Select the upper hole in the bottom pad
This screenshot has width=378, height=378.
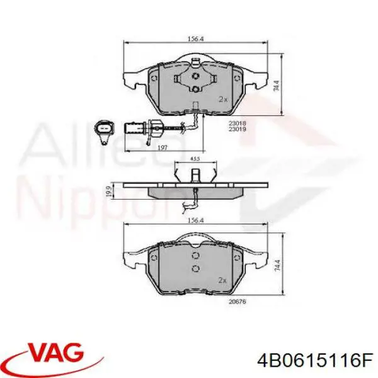[x=195, y=255]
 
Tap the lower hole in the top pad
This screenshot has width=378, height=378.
[x=195, y=89]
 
